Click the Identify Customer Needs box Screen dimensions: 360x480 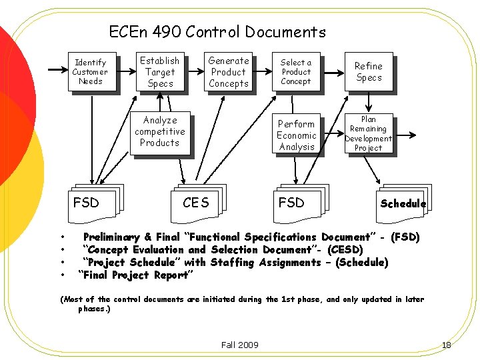click(90, 72)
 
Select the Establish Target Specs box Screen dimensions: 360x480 click(160, 72)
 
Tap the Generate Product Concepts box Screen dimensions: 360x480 click(228, 72)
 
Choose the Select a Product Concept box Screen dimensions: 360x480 click(296, 72)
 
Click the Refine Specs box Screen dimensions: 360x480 click(368, 72)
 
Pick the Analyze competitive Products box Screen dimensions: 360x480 click(160, 131)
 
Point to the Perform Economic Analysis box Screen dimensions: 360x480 click(296, 135)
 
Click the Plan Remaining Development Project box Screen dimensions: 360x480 click(368, 134)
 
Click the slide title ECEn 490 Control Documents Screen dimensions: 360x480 click(217, 32)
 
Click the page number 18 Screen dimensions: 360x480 click(446, 345)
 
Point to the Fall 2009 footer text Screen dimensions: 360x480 click(239, 345)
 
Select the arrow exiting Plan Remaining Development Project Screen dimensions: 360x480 click(405, 135)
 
